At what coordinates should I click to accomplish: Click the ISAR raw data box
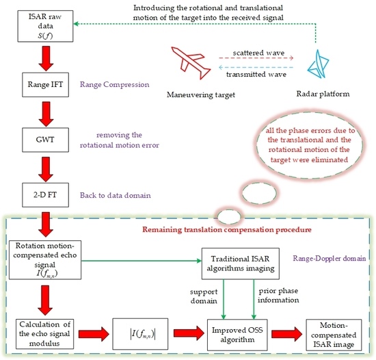tap(45, 26)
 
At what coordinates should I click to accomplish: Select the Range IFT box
tap(46, 85)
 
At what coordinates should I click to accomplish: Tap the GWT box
tap(46, 140)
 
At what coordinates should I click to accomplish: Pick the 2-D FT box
tap(46, 195)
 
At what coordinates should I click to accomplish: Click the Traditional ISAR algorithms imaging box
tap(241, 263)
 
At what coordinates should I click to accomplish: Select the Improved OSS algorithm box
tap(237, 335)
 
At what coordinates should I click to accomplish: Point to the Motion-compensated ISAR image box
tap(334, 335)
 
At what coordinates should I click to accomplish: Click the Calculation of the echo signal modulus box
tap(44, 334)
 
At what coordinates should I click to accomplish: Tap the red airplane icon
tap(191, 63)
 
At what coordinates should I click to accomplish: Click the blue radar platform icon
tap(318, 64)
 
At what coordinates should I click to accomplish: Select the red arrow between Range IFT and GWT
tap(46, 114)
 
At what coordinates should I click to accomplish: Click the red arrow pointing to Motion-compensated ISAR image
tap(287, 333)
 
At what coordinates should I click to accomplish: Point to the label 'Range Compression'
tap(114, 85)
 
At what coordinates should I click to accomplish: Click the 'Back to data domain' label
tap(116, 195)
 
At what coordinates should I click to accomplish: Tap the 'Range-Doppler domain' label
tap(330, 258)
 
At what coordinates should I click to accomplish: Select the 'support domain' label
tap(204, 296)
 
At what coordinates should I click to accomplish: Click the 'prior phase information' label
tap(278, 296)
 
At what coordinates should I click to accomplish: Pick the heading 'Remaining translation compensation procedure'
tap(227, 230)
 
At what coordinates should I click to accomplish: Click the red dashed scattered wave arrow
tap(256, 58)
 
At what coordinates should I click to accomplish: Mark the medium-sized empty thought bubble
tap(259, 193)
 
